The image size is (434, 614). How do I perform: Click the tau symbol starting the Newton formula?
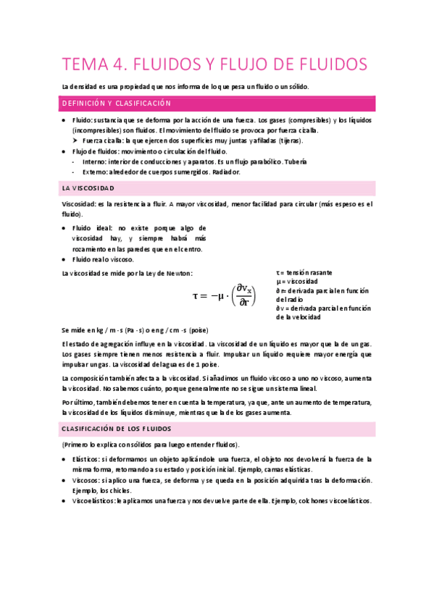pyautogui.click(x=196, y=295)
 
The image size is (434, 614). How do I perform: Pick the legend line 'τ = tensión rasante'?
pyautogui.click(x=304, y=272)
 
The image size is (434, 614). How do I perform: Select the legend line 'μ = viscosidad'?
pyautogui.click(x=297, y=281)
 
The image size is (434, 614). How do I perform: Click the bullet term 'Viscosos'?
pyautogui.click(x=87, y=480)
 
